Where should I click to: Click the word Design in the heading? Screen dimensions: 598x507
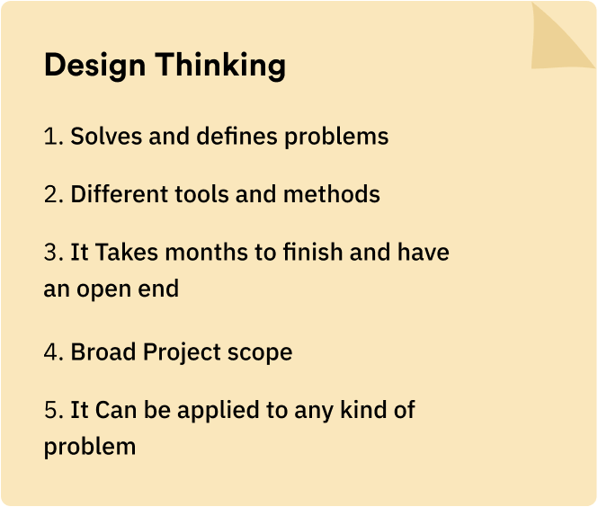pos(95,66)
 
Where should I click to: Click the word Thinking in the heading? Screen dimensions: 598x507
pos(220,66)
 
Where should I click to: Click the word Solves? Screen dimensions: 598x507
pos(106,136)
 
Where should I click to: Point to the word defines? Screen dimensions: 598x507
pos(237,136)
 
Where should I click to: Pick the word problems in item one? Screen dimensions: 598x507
pos(336,137)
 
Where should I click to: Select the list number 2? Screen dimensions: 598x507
pos(53,194)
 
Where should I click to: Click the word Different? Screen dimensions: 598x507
pos(119,193)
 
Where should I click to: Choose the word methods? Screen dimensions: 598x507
pos(332,193)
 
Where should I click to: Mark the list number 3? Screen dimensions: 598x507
pos(53,253)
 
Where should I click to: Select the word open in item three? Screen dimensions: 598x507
pos(103,290)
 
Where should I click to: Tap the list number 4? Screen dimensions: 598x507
pos(53,351)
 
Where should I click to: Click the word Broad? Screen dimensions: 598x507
pos(103,351)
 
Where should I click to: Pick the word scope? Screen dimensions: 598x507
pos(260,353)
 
